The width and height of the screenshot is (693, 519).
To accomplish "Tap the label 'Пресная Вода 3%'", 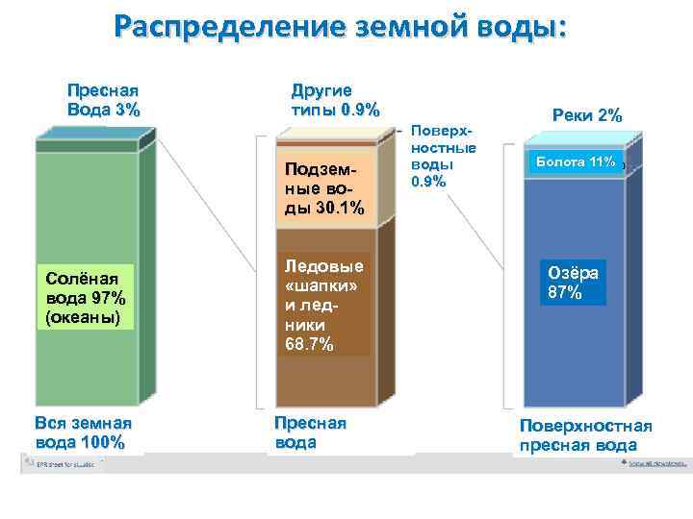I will click(103, 99).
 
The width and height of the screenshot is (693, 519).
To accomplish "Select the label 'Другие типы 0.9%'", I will click(335, 99).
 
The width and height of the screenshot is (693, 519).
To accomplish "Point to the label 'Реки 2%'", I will click(587, 115).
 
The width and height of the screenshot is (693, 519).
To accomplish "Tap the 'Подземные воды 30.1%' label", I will click(324, 189).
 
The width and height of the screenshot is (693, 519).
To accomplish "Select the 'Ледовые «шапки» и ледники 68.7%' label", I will click(324, 304).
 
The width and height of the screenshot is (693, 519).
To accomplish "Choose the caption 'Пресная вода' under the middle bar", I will click(310, 432).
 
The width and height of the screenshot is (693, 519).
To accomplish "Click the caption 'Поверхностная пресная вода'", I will click(585, 434).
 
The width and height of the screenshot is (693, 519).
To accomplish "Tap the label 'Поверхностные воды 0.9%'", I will click(443, 156).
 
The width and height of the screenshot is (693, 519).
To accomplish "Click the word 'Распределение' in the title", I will click(226, 27).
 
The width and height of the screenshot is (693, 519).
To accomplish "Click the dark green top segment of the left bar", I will click(87, 145).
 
